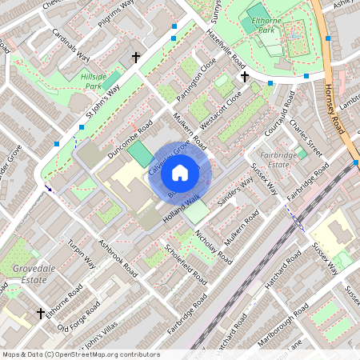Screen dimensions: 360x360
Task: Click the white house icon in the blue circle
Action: pyautogui.click(x=180, y=172)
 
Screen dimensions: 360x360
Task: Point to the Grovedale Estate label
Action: pyautogui.click(x=34, y=274)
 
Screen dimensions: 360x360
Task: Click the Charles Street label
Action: pyautogui.click(x=305, y=136)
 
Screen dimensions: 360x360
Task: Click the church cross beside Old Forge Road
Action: pyautogui.click(x=40, y=313)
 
